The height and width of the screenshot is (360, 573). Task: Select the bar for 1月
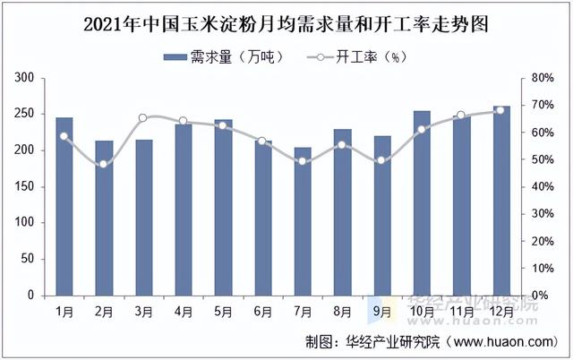(64, 206)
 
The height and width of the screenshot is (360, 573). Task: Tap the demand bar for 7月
(303, 221)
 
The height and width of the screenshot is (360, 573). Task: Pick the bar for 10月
(421, 203)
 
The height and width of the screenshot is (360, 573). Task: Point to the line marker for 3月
(143, 118)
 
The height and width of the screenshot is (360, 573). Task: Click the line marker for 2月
(104, 164)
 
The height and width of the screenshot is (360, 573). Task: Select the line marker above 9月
(381, 160)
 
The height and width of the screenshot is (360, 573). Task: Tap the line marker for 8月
(342, 145)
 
